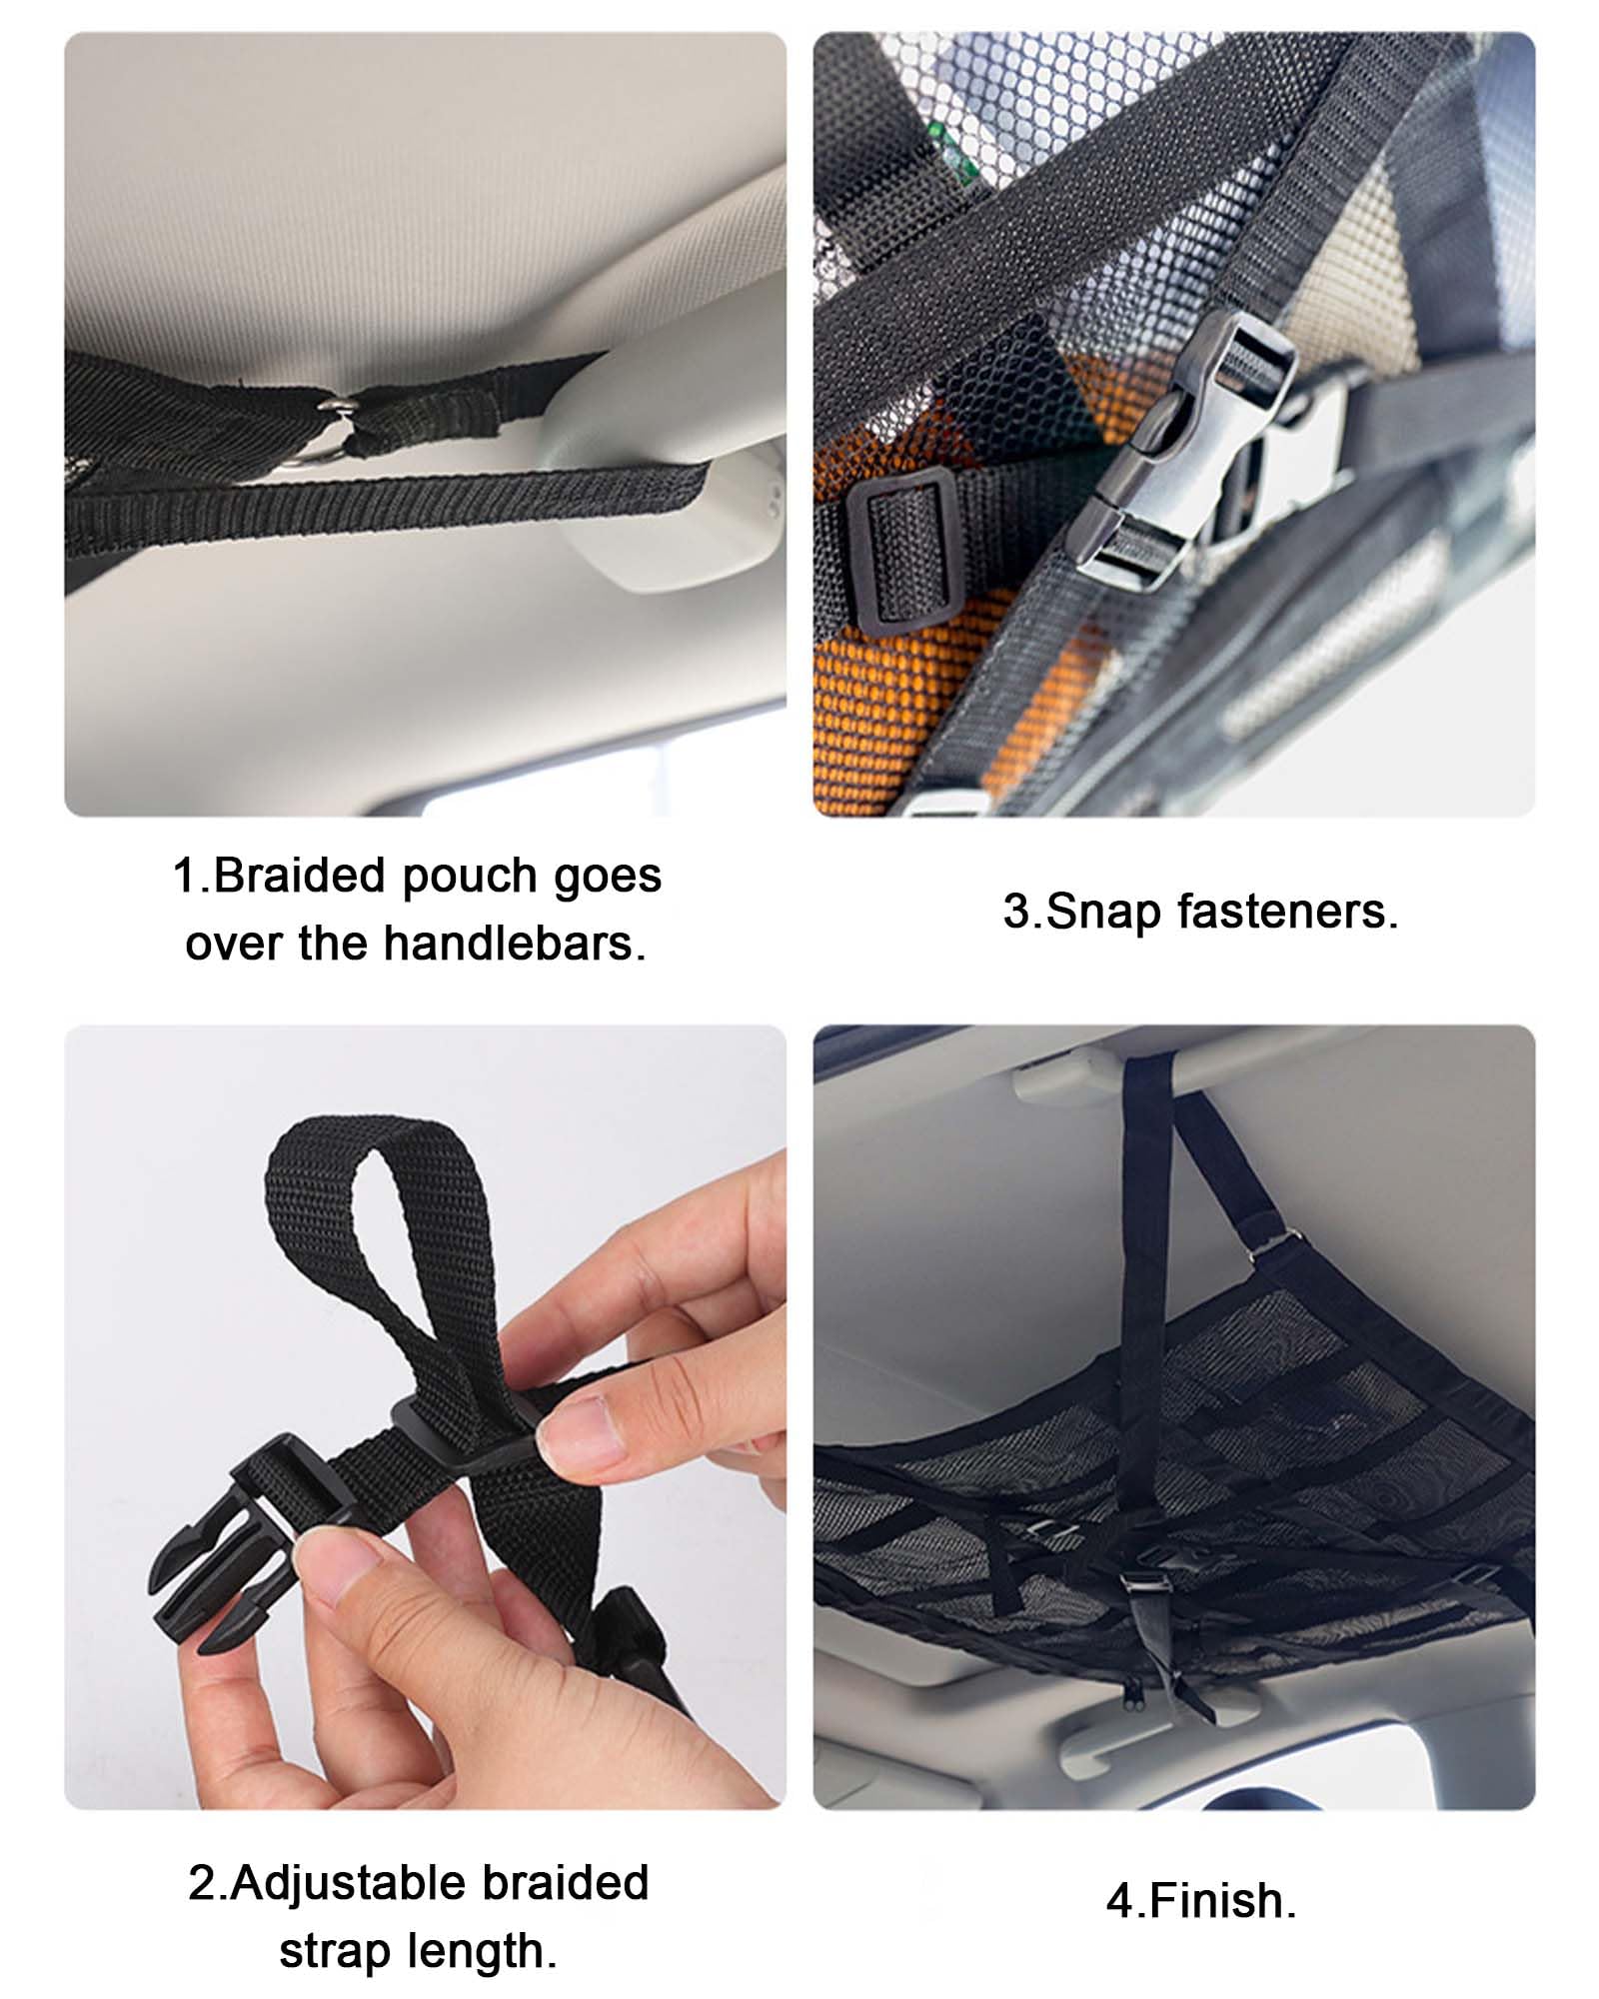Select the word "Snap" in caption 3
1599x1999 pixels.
pyautogui.click(x=1098, y=911)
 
